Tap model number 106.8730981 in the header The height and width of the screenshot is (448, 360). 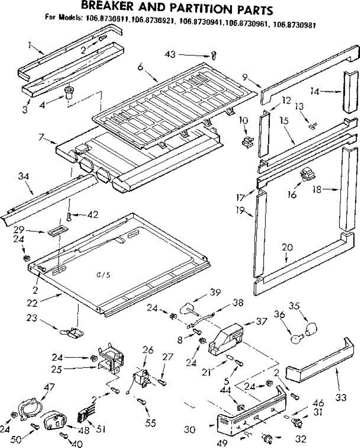click(294, 26)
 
